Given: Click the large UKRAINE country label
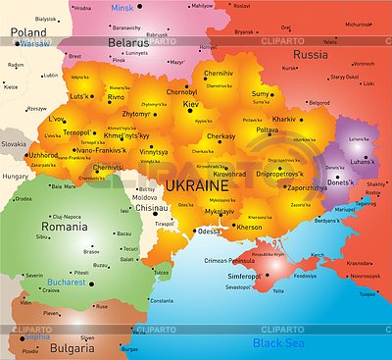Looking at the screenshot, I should [196, 184].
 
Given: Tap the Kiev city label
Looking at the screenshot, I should [190, 103].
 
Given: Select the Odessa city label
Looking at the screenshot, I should [209, 231].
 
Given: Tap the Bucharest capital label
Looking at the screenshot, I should [66, 283].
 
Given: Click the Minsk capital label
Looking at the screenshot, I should [121, 8].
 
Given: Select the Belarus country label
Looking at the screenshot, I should [127, 43].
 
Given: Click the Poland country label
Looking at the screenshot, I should [28, 31].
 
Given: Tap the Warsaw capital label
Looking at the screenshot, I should [34, 44].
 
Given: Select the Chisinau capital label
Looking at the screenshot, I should [152, 208].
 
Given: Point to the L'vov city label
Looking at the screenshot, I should [56, 119].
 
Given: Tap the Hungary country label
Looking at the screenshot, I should [16, 177].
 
